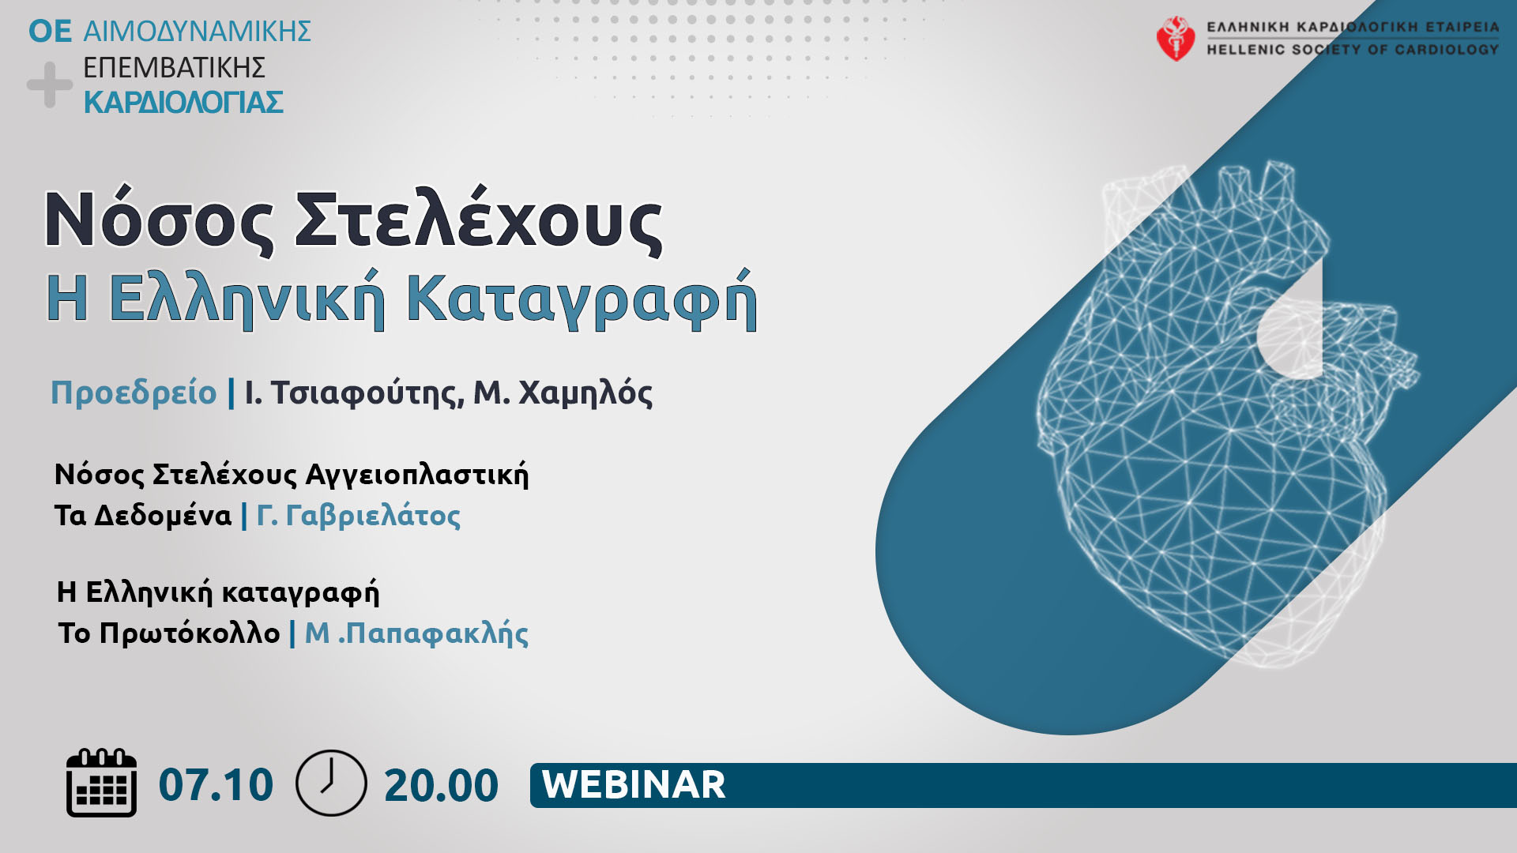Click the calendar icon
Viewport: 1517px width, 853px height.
pyautogui.click(x=101, y=783)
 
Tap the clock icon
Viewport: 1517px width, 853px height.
pyautogui.click(x=331, y=783)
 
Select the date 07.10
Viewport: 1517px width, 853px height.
pyautogui.click(x=216, y=784)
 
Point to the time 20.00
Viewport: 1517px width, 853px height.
pyautogui.click(x=441, y=785)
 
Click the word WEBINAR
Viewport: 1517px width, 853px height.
pyautogui.click(x=634, y=784)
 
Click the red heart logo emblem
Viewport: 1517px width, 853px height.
pyautogui.click(x=1176, y=38)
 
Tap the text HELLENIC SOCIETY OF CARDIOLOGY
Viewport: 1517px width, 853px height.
pyautogui.click(x=1352, y=50)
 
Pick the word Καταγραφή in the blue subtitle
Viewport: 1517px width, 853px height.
pyautogui.click(x=582, y=300)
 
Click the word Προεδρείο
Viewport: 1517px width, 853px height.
pyautogui.click(x=134, y=393)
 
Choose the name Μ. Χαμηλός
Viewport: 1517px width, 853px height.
pyautogui.click(x=563, y=393)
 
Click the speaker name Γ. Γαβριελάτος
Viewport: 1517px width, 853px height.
pyautogui.click(x=359, y=516)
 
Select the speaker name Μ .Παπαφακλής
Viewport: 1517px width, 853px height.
pyautogui.click(x=416, y=633)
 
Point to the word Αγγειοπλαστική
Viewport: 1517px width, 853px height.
pyautogui.click(x=417, y=475)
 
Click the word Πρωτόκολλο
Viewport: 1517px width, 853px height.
pyautogui.click(x=190, y=633)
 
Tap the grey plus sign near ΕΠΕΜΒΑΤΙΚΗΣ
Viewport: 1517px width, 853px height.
pyautogui.click(x=50, y=85)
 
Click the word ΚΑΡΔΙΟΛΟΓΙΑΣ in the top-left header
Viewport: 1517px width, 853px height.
pyautogui.click(x=183, y=103)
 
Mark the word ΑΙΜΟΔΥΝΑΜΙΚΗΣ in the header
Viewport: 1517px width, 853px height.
pyautogui.click(x=197, y=32)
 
